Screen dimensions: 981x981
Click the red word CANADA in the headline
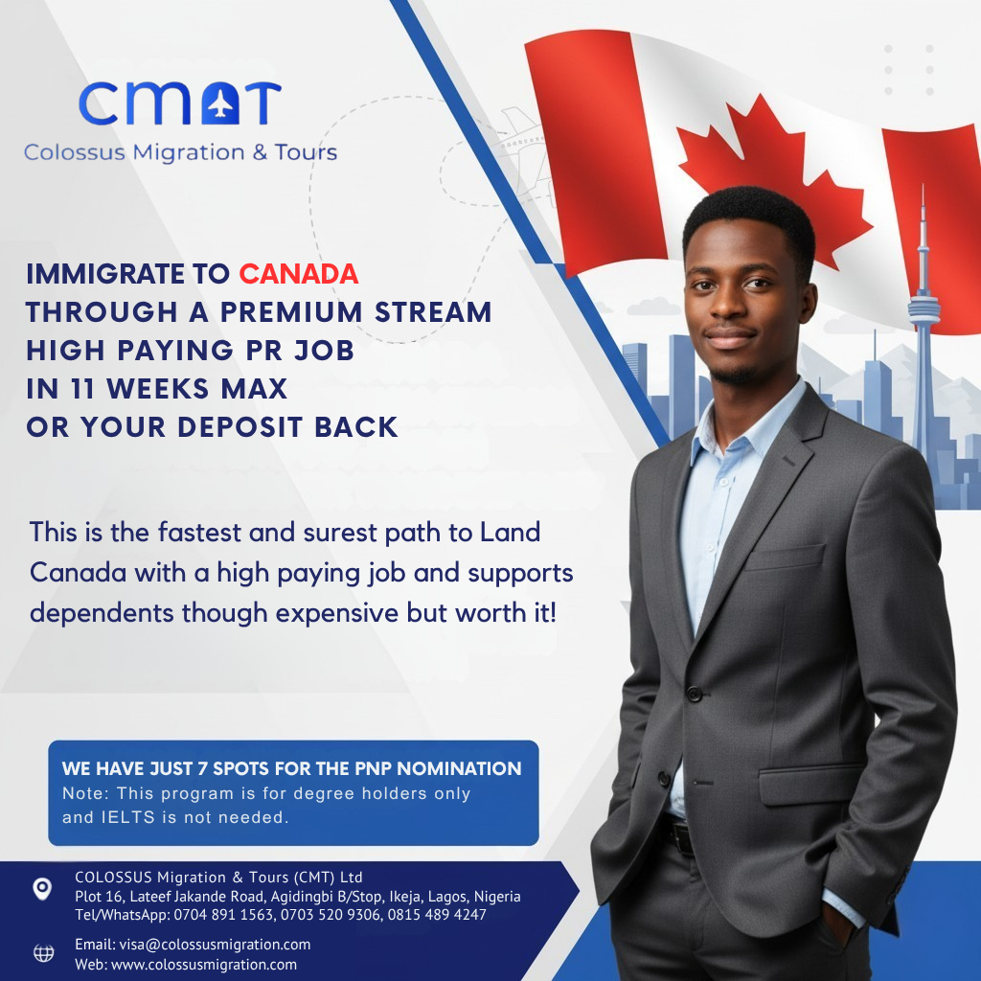click(x=298, y=274)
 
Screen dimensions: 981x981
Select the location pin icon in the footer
click(x=42, y=888)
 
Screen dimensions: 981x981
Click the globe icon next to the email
click(x=43, y=952)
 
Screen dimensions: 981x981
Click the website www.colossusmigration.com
click(x=204, y=965)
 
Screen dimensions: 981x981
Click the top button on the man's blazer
click(x=694, y=694)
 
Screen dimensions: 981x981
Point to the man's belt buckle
click(x=681, y=837)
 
